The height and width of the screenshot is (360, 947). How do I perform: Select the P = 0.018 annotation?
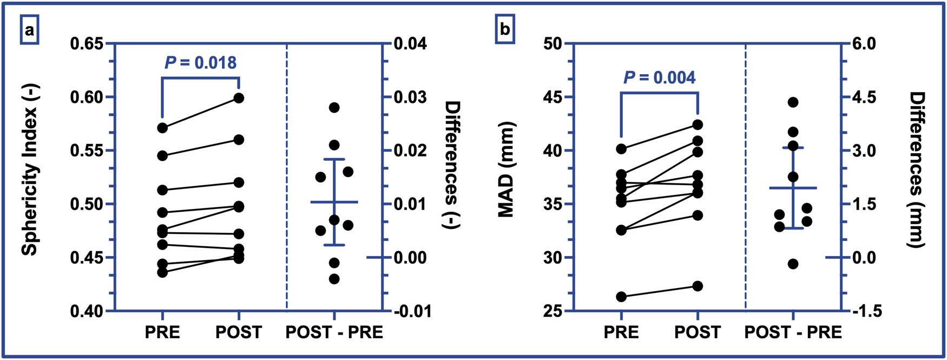[x=201, y=63]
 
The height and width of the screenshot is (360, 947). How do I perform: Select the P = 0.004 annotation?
[x=660, y=77]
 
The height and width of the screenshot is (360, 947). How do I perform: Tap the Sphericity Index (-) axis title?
[x=30, y=177]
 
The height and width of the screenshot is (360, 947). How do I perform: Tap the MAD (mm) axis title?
[x=505, y=169]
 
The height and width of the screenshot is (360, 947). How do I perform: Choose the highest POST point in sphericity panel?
[x=239, y=98]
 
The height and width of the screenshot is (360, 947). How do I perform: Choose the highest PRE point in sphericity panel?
[x=162, y=128]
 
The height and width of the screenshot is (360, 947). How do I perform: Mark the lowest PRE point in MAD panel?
[x=621, y=297]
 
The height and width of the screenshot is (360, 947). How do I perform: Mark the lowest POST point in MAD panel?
[x=698, y=286]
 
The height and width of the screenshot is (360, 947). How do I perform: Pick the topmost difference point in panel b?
[x=793, y=102]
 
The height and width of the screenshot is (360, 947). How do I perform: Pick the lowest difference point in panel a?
[x=334, y=279]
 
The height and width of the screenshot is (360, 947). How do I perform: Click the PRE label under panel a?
[x=162, y=332]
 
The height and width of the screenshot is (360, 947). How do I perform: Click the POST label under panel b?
[x=698, y=332]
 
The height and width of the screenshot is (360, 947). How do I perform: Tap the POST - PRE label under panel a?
[x=334, y=332]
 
